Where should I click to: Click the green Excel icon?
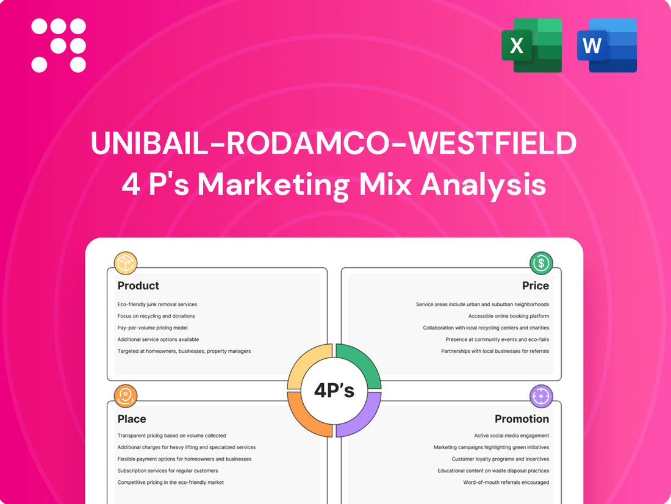pos(531,45)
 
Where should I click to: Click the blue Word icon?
pos(606,45)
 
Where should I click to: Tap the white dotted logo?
pos(59,45)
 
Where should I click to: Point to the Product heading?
pos(138,286)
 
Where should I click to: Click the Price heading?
pos(535,286)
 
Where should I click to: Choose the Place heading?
pos(132,419)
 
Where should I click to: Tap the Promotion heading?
pos(522,419)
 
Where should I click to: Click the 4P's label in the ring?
pos(334,391)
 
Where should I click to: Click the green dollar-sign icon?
pos(541,263)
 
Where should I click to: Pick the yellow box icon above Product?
pos(126,263)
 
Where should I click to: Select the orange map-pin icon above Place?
pos(126,396)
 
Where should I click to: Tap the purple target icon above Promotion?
pos(541,396)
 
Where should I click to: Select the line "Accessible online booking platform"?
pos(508,316)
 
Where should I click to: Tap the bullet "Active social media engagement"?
pos(511,436)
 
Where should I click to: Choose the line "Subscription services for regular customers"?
pos(167,470)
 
